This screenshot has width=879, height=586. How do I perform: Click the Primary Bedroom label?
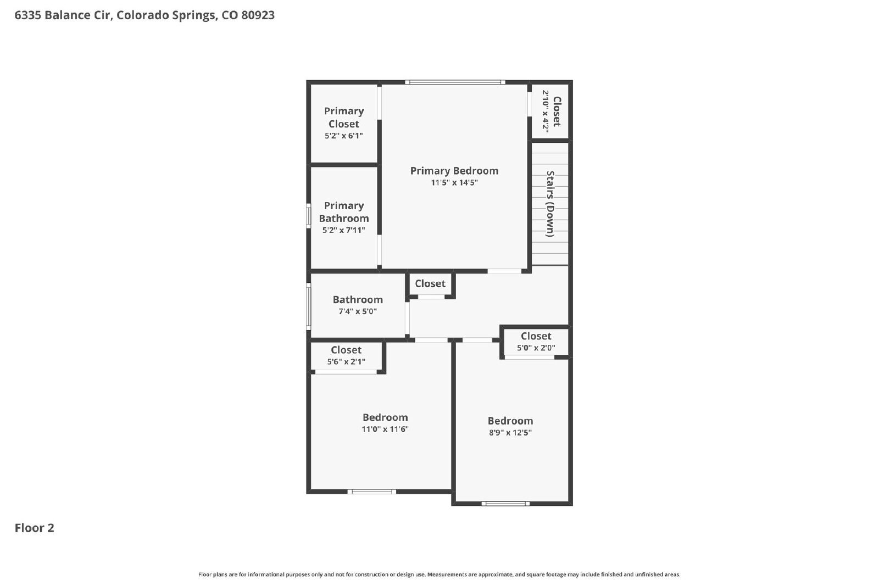(454, 171)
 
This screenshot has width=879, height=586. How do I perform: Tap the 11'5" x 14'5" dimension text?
(454, 182)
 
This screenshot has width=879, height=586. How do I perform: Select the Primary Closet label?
(344, 118)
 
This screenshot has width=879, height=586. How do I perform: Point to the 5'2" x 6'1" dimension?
(344, 136)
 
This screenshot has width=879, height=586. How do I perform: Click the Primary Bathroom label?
(344, 212)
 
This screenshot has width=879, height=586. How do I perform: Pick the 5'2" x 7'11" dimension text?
(344, 230)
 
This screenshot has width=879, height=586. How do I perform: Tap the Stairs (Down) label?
(550, 204)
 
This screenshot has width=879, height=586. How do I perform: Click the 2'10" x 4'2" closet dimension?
(545, 111)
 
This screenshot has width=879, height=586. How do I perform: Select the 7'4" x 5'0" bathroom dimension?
(358, 311)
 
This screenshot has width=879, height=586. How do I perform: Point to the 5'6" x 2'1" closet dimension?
(346, 361)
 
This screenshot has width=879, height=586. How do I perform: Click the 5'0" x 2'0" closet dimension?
(536, 348)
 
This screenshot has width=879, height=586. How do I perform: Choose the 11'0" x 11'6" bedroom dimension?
(385, 429)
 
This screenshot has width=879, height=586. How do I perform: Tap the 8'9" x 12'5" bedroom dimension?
(510, 433)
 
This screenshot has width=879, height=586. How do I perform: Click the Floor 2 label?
(35, 528)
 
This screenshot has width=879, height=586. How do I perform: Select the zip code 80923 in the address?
(258, 15)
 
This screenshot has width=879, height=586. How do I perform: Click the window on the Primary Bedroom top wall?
(455, 82)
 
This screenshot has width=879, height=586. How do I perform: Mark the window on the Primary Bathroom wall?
(308, 216)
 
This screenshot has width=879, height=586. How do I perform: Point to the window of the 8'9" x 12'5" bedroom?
(505, 504)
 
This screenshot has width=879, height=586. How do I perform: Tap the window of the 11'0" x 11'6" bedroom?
(371, 492)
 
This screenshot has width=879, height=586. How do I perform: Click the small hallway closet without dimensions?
(431, 285)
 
